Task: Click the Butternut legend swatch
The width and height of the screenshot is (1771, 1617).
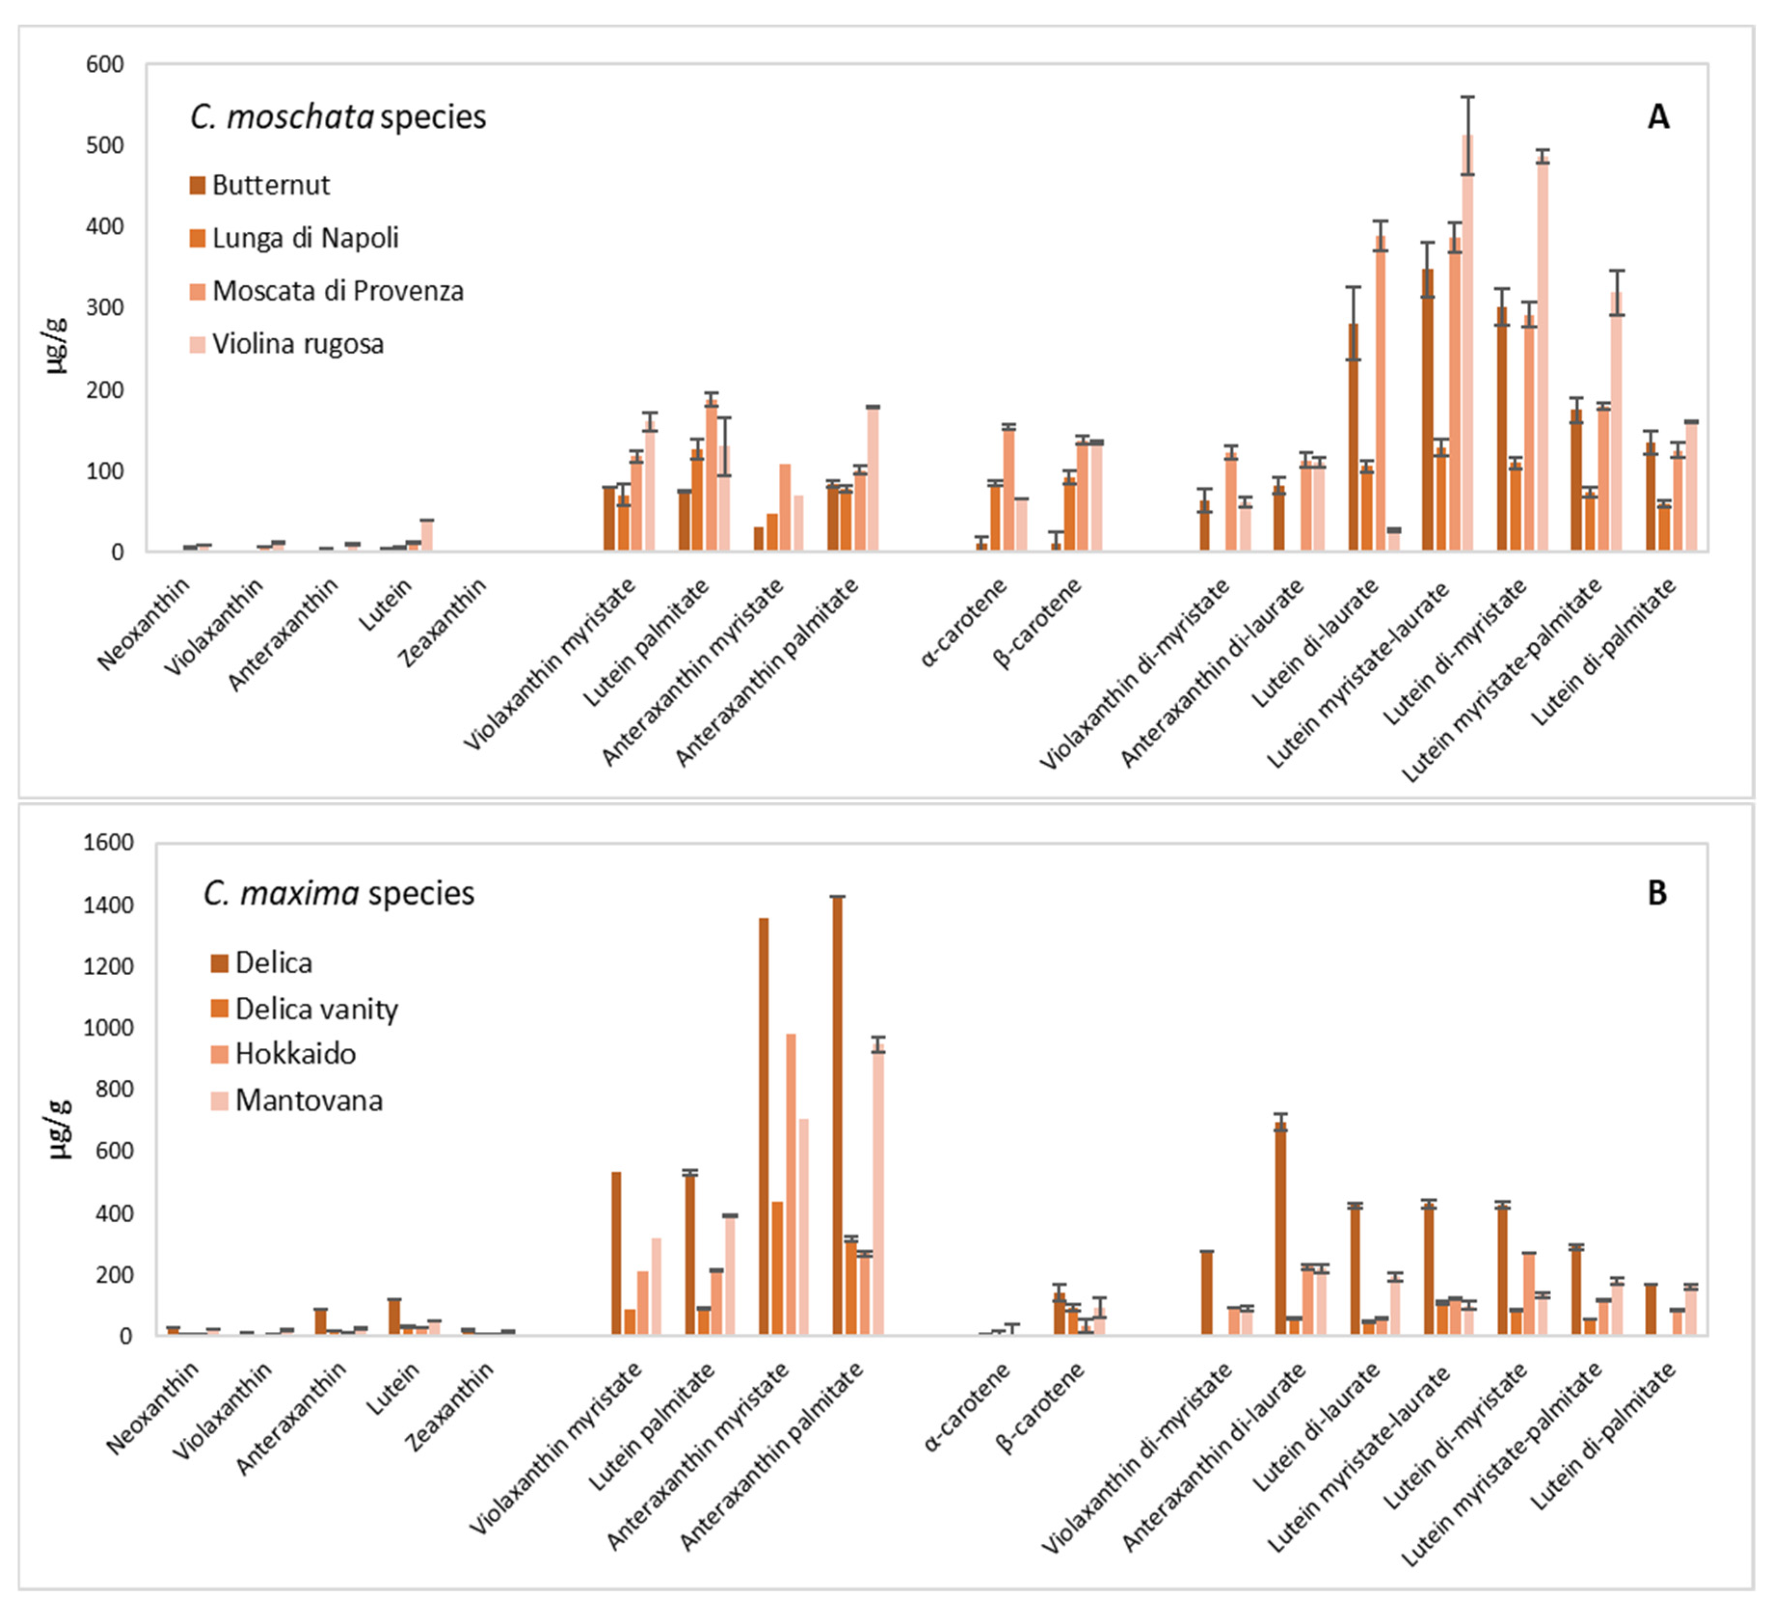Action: click(x=198, y=186)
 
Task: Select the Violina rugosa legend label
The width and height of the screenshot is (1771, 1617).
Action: click(x=298, y=344)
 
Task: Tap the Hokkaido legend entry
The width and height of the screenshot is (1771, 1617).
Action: click(x=295, y=1054)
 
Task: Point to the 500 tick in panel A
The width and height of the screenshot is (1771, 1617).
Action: click(x=105, y=146)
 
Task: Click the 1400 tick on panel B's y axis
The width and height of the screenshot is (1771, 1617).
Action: click(x=108, y=905)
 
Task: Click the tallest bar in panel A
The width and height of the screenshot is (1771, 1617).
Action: click(x=1467, y=343)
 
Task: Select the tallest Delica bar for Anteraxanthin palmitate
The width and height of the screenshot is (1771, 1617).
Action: click(x=837, y=1115)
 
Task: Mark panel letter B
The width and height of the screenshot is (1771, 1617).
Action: click(x=1657, y=893)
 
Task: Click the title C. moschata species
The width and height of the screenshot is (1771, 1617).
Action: click(x=338, y=117)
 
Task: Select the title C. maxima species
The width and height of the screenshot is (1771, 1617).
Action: click(x=339, y=893)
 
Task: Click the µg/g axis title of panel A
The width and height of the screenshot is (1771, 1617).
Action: click(x=56, y=345)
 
